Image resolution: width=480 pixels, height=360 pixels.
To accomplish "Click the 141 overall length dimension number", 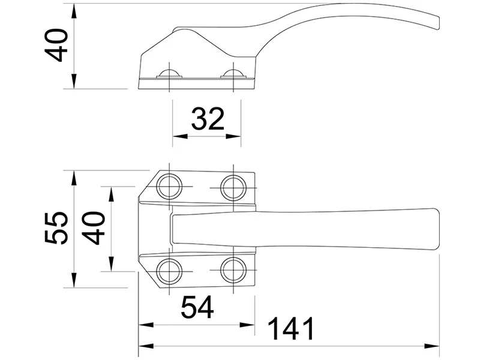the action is (291, 328).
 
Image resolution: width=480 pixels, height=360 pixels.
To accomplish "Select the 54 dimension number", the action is (197, 307).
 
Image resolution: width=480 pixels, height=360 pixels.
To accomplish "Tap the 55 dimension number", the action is (56, 227).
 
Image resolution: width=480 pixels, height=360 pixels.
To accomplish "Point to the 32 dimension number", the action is (208, 118).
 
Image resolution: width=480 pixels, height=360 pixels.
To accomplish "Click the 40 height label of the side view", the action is (56, 46).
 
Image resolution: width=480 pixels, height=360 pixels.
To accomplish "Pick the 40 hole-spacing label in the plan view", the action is (94, 228).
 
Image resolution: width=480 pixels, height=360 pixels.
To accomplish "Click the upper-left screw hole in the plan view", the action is (169, 187).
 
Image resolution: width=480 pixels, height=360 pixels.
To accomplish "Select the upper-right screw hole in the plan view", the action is (233, 187).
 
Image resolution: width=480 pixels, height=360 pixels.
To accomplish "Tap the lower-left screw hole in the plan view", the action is (169, 271).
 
